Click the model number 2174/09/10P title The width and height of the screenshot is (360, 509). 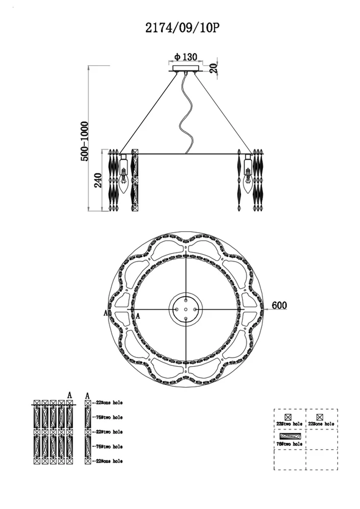point(182,28)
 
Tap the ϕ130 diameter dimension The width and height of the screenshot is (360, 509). point(186,57)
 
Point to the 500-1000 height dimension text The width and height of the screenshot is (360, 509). point(85,141)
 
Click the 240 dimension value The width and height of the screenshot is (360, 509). point(98,180)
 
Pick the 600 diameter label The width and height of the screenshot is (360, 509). point(279,305)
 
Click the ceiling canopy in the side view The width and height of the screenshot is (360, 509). point(185,68)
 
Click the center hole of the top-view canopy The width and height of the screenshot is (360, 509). point(186,309)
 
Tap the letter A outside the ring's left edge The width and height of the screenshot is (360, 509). point(105,313)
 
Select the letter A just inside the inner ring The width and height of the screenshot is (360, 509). point(138,316)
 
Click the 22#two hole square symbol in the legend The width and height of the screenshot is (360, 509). point(288,417)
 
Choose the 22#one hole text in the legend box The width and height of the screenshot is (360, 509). point(321,424)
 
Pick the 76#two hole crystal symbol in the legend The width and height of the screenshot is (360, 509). point(289,436)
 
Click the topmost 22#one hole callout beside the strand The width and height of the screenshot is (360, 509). point(109,403)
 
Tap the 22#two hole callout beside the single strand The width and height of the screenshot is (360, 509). point(109,432)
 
